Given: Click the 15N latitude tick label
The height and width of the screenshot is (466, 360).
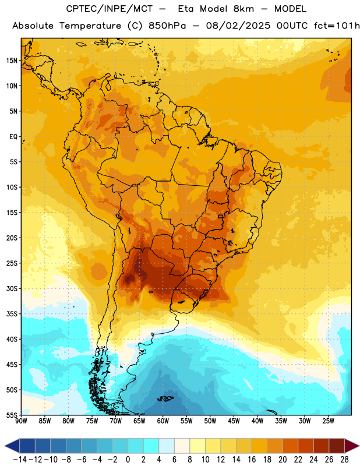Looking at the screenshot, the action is [x=12, y=61].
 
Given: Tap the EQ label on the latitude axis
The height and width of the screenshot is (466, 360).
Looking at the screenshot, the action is [x=13, y=137].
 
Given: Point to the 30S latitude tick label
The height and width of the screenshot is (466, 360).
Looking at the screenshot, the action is [x=12, y=288].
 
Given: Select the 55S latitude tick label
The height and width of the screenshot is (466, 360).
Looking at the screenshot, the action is [x=12, y=415].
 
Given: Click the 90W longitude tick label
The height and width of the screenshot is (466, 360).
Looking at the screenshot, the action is [x=21, y=421].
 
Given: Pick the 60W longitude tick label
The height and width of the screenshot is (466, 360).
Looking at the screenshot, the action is [x=163, y=421].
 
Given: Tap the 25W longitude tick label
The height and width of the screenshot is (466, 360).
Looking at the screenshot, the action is [x=328, y=421].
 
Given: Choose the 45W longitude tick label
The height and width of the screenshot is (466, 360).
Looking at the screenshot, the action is [x=234, y=421].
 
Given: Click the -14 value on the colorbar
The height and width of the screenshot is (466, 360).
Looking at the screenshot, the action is [x=20, y=460].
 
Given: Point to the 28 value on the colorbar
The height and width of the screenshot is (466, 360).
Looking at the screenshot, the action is [x=344, y=460].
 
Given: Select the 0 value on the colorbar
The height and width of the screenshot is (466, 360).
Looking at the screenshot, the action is [x=128, y=460].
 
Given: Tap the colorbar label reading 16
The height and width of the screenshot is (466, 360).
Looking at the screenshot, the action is [x=252, y=460].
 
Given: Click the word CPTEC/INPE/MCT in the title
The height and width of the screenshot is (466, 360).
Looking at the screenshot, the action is [x=109, y=9].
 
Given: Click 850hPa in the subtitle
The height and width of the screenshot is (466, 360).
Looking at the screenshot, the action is [x=167, y=26].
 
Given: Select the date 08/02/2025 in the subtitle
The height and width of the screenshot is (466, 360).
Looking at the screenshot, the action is [x=238, y=26].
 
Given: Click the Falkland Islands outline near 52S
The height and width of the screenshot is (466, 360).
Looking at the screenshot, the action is [x=165, y=398].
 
